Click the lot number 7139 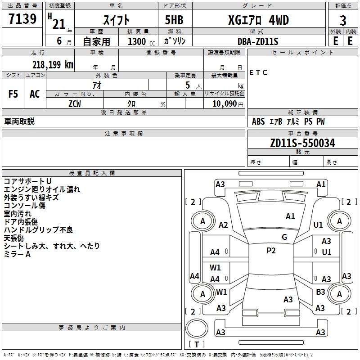coord(22,18)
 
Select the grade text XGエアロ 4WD coord(258,20)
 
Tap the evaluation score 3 coord(343,21)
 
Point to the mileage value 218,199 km coord(53,65)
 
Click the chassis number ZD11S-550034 coord(302,143)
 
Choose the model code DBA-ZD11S coord(258,41)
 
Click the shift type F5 coord(13,94)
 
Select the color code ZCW coord(75,104)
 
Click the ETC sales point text coord(258,72)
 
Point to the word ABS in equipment coord(258,121)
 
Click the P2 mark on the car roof coord(271,251)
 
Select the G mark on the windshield coord(284,237)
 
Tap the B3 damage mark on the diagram coord(320,292)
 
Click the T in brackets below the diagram coord(197,344)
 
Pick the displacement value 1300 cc coord(141,41)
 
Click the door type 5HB coord(174,20)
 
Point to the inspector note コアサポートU coord(27,181)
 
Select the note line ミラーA coord(17,254)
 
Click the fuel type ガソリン coord(175,41)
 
